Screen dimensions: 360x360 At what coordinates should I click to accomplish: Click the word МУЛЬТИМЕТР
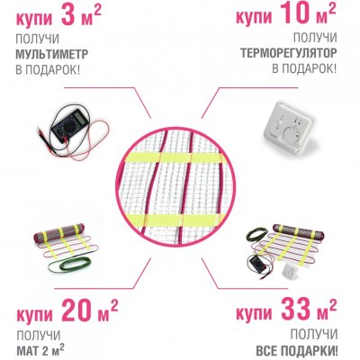(51, 55)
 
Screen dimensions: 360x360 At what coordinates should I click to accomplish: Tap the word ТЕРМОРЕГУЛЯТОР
(288, 53)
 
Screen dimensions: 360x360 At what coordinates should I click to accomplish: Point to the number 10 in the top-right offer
(294, 13)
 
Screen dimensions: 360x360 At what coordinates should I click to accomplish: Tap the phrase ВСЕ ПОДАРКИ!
(297, 350)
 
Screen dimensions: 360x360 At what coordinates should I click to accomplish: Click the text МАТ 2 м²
(40, 349)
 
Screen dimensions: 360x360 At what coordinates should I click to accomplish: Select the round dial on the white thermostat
(292, 133)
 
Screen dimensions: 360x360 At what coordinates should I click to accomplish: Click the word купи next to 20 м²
(35, 314)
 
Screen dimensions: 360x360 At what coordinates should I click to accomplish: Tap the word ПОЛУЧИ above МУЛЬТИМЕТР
(37, 39)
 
